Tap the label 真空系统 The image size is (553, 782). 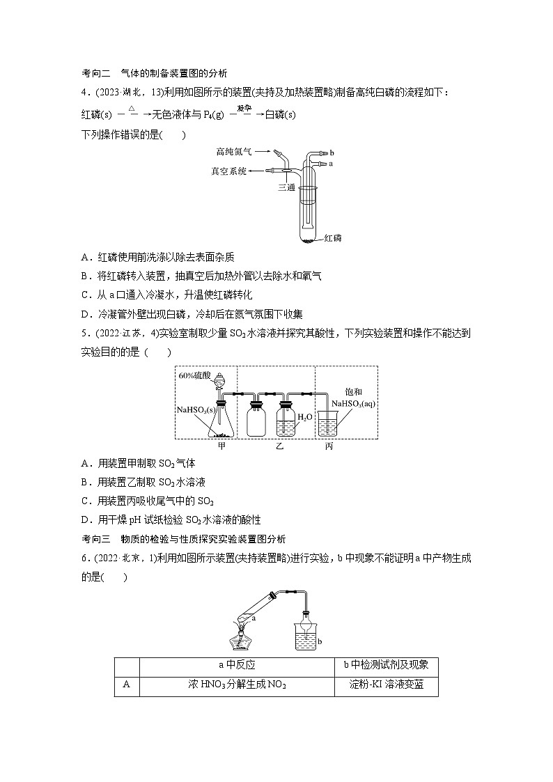pos(228,171)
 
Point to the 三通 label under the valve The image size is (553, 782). pos(287,187)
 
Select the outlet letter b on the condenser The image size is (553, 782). pos(332,152)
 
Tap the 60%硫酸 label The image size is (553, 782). pos(196,375)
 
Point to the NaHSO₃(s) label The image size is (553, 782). pos(194,409)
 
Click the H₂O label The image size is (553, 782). pos(305,416)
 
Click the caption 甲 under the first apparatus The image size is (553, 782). pos(222,445)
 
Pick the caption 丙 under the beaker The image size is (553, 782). pos(329,445)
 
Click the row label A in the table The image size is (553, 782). pos(127,685)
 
